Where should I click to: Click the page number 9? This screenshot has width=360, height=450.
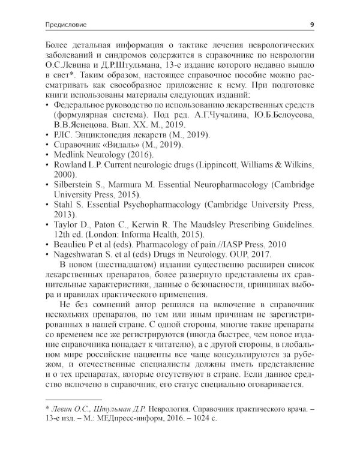click(311, 25)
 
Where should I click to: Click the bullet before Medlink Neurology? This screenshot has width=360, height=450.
click(47, 155)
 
